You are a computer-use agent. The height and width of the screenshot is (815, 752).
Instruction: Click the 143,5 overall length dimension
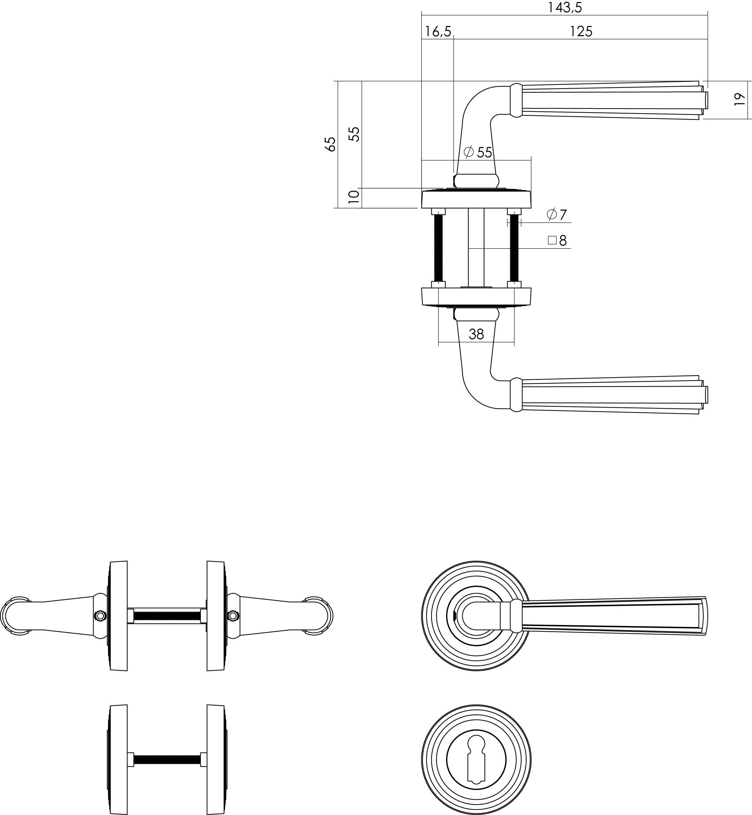tap(565, 7)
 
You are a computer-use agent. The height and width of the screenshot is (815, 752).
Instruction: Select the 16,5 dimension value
tap(438, 31)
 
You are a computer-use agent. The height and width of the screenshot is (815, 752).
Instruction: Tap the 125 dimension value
tap(581, 31)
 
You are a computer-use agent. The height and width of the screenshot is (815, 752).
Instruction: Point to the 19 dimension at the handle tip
tap(740, 99)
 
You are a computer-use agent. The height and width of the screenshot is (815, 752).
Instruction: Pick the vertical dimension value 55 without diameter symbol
tap(355, 134)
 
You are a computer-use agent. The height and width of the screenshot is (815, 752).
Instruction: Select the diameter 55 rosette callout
tap(478, 152)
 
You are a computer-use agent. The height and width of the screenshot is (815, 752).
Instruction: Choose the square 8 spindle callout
tap(557, 241)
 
